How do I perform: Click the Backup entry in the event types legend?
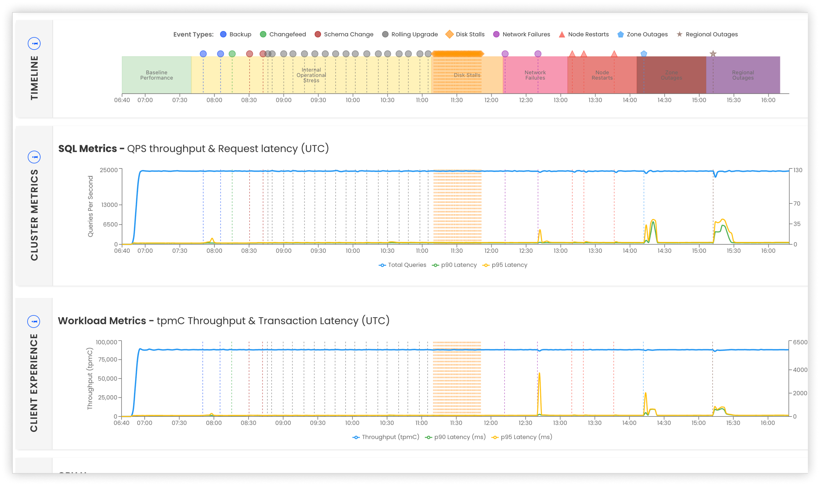(x=236, y=34)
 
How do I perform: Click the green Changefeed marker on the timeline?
(x=232, y=54)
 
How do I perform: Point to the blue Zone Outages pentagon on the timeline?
(x=643, y=54)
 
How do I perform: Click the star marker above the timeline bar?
(x=713, y=54)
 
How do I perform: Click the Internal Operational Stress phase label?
(x=311, y=75)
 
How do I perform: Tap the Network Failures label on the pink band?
(x=535, y=75)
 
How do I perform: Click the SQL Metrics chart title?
(x=193, y=149)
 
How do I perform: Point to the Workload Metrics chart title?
(x=223, y=321)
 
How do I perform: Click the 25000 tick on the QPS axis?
(x=108, y=170)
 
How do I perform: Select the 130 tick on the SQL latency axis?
(x=797, y=170)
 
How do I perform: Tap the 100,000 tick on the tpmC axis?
(x=106, y=342)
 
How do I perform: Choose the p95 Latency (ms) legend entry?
(x=522, y=437)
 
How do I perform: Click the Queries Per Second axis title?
(x=91, y=206)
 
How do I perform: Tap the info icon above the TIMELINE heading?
(x=34, y=43)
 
